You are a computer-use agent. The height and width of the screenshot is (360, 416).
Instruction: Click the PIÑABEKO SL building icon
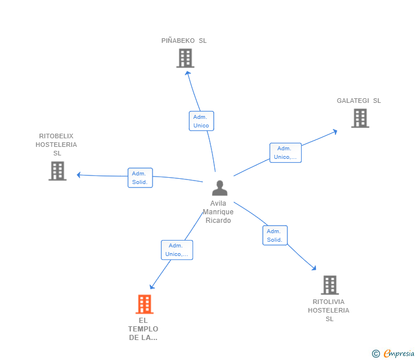[185, 58]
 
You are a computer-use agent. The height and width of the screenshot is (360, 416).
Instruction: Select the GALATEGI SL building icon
[360, 118]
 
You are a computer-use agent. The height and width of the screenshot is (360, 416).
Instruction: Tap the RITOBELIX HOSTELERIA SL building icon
[57, 171]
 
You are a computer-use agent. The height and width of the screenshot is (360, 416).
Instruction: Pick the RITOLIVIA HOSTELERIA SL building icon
[330, 285]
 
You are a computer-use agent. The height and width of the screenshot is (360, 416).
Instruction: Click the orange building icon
[145, 305]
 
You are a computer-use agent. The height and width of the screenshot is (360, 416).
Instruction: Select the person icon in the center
[219, 188]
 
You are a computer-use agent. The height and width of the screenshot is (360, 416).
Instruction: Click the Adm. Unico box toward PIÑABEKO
[201, 121]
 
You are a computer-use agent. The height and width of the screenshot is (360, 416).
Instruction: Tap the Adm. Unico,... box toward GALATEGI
[286, 153]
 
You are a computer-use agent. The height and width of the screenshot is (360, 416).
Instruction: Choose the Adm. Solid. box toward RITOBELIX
[140, 178]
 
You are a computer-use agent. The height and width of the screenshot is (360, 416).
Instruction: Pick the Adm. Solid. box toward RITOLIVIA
[275, 235]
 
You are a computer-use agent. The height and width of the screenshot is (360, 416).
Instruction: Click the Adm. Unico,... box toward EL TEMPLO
[177, 250]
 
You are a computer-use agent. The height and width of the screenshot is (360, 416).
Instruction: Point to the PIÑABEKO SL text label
[184, 41]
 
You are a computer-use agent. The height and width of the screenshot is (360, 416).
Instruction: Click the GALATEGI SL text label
[359, 101]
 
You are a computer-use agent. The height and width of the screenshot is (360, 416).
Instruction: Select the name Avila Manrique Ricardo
[218, 211]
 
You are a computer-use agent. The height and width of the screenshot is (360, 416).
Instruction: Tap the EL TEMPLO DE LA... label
[143, 329]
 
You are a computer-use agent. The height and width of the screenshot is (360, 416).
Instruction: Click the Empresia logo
[393, 353]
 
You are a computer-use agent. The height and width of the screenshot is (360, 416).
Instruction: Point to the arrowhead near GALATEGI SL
[335, 131]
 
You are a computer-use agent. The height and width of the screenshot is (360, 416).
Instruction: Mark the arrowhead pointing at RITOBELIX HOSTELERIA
[78, 175]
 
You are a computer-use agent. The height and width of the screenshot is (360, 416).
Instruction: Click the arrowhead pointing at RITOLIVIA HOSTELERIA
[314, 268]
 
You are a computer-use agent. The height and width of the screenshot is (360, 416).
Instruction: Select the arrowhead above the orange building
[152, 286]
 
